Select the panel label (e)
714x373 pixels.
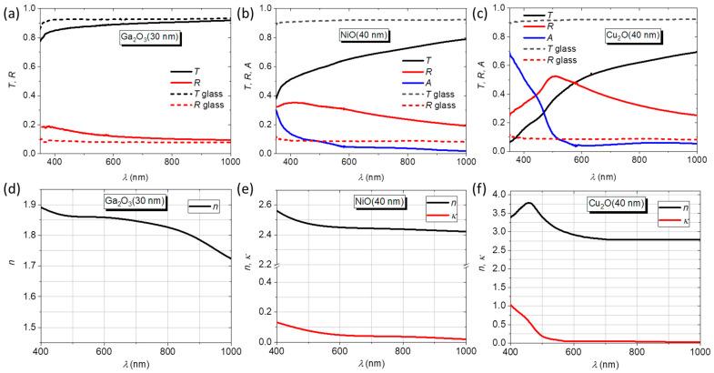point(251,192)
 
